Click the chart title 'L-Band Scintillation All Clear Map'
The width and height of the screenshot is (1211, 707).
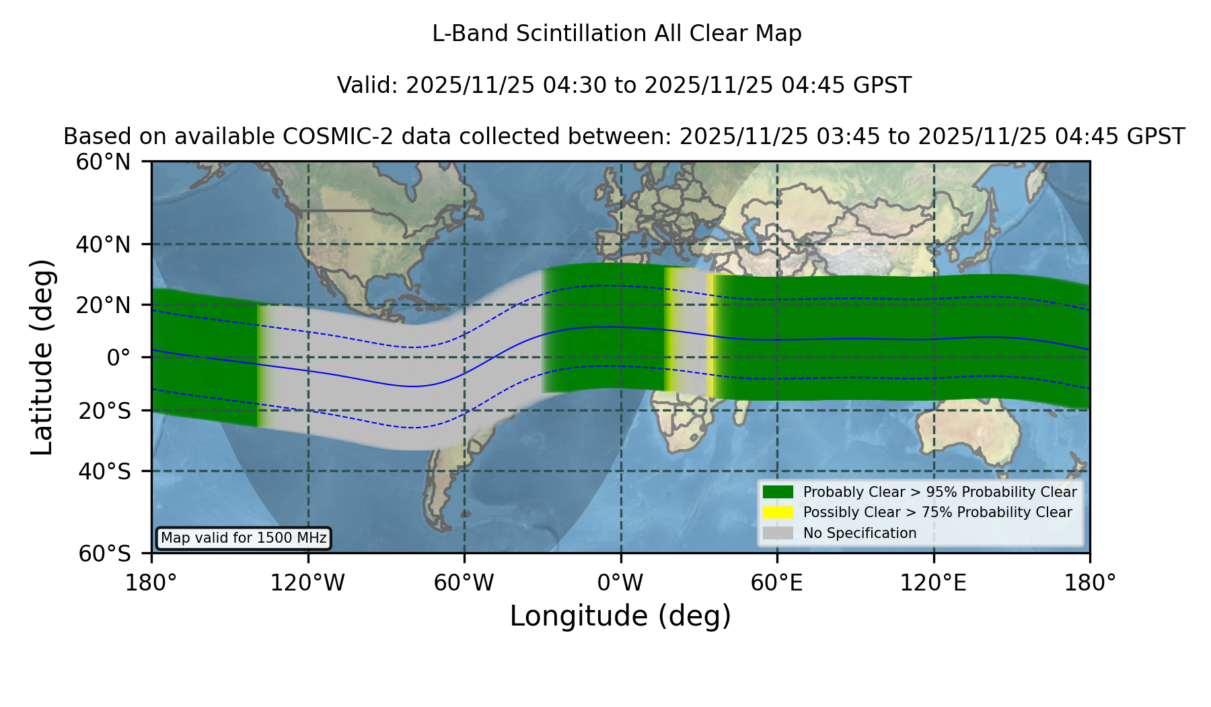pyautogui.click(x=617, y=34)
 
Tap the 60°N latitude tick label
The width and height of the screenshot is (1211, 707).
pyautogui.click(x=104, y=162)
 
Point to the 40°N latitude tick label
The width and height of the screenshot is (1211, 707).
pyautogui.click(x=104, y=244)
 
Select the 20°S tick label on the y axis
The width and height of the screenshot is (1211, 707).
pyautogui.click(x=105, y=410)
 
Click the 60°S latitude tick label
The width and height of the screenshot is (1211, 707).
pyautogui.click(x=105, y=553)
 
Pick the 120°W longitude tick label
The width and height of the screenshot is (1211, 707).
pyautogui.click(x=307, y=583)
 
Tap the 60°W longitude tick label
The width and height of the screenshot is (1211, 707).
pyautogui.click(x=464, y=583)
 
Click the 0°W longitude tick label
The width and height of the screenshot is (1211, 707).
pyautogui.click(x=620, y=583)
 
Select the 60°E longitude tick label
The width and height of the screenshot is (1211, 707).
pyautogui.click(x=777, y=583)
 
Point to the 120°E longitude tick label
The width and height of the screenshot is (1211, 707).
pyautogui.click(x=933, y=583)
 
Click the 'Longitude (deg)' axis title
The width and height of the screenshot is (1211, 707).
pyautogui.click(x=620, y=616)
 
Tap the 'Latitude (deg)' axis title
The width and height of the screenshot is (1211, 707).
pyautogui.click(x=42, y=357)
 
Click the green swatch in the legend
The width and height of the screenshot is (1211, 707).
pyautogui.click(x=778, y=492)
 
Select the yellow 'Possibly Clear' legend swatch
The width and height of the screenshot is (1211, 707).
pyautogui.click(x=778, y=512)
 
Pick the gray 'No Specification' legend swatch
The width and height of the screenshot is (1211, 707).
pyautogui.click(x=778, y=533)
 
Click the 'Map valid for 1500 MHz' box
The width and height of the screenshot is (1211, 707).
pyautogui.click(x=244, y=538)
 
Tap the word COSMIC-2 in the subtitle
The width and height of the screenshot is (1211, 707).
pyautogui.click(x=327, y=137)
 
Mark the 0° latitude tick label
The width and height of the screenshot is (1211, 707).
pyautogui.click(x=118, y=358)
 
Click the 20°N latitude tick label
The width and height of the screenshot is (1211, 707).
pyautogui.click(x=104, y=305)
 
